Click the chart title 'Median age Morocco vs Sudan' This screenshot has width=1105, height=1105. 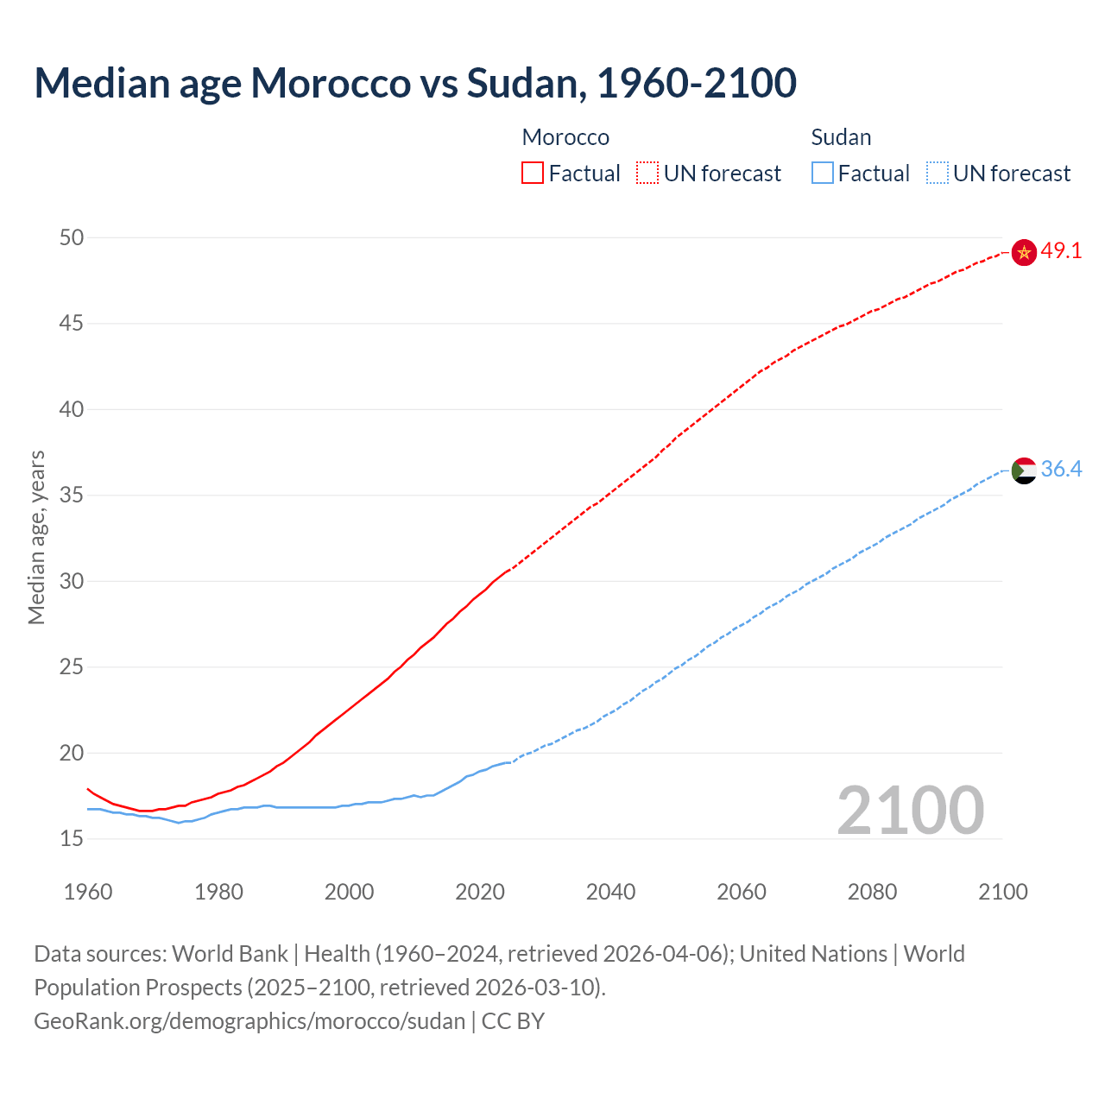tap(414, 83)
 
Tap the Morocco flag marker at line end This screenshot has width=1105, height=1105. tap(1024, 252)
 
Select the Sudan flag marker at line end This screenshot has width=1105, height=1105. tap(1024, 470)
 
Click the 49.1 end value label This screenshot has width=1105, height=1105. tap(1061, 251)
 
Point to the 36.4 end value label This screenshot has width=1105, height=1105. tap(1061, 469)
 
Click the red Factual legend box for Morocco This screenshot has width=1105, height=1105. tap(533, 174)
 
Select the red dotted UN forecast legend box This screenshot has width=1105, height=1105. tap(647, 174)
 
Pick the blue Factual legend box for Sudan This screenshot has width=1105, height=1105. tap(823, 174)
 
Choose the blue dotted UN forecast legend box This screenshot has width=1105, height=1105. tap(937, 174)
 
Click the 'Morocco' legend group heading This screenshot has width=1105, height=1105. tap(565, 137)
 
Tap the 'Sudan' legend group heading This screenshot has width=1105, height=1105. tap(841, 137)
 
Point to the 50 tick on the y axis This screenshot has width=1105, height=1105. tap(72, 237)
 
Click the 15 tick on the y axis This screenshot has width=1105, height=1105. tap(72, 838)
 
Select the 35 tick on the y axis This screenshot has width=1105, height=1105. tap(72, 496)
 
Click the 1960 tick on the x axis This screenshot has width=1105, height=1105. tap(88, 892)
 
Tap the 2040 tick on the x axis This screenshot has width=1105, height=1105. tap(610, 892)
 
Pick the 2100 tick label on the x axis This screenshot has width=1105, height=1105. tap(1002, 892)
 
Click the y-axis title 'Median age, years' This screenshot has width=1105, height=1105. tap(36, 537)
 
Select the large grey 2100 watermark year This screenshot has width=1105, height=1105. tap(910, 810)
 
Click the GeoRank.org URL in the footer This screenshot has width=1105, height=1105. tap(249, 1021)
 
